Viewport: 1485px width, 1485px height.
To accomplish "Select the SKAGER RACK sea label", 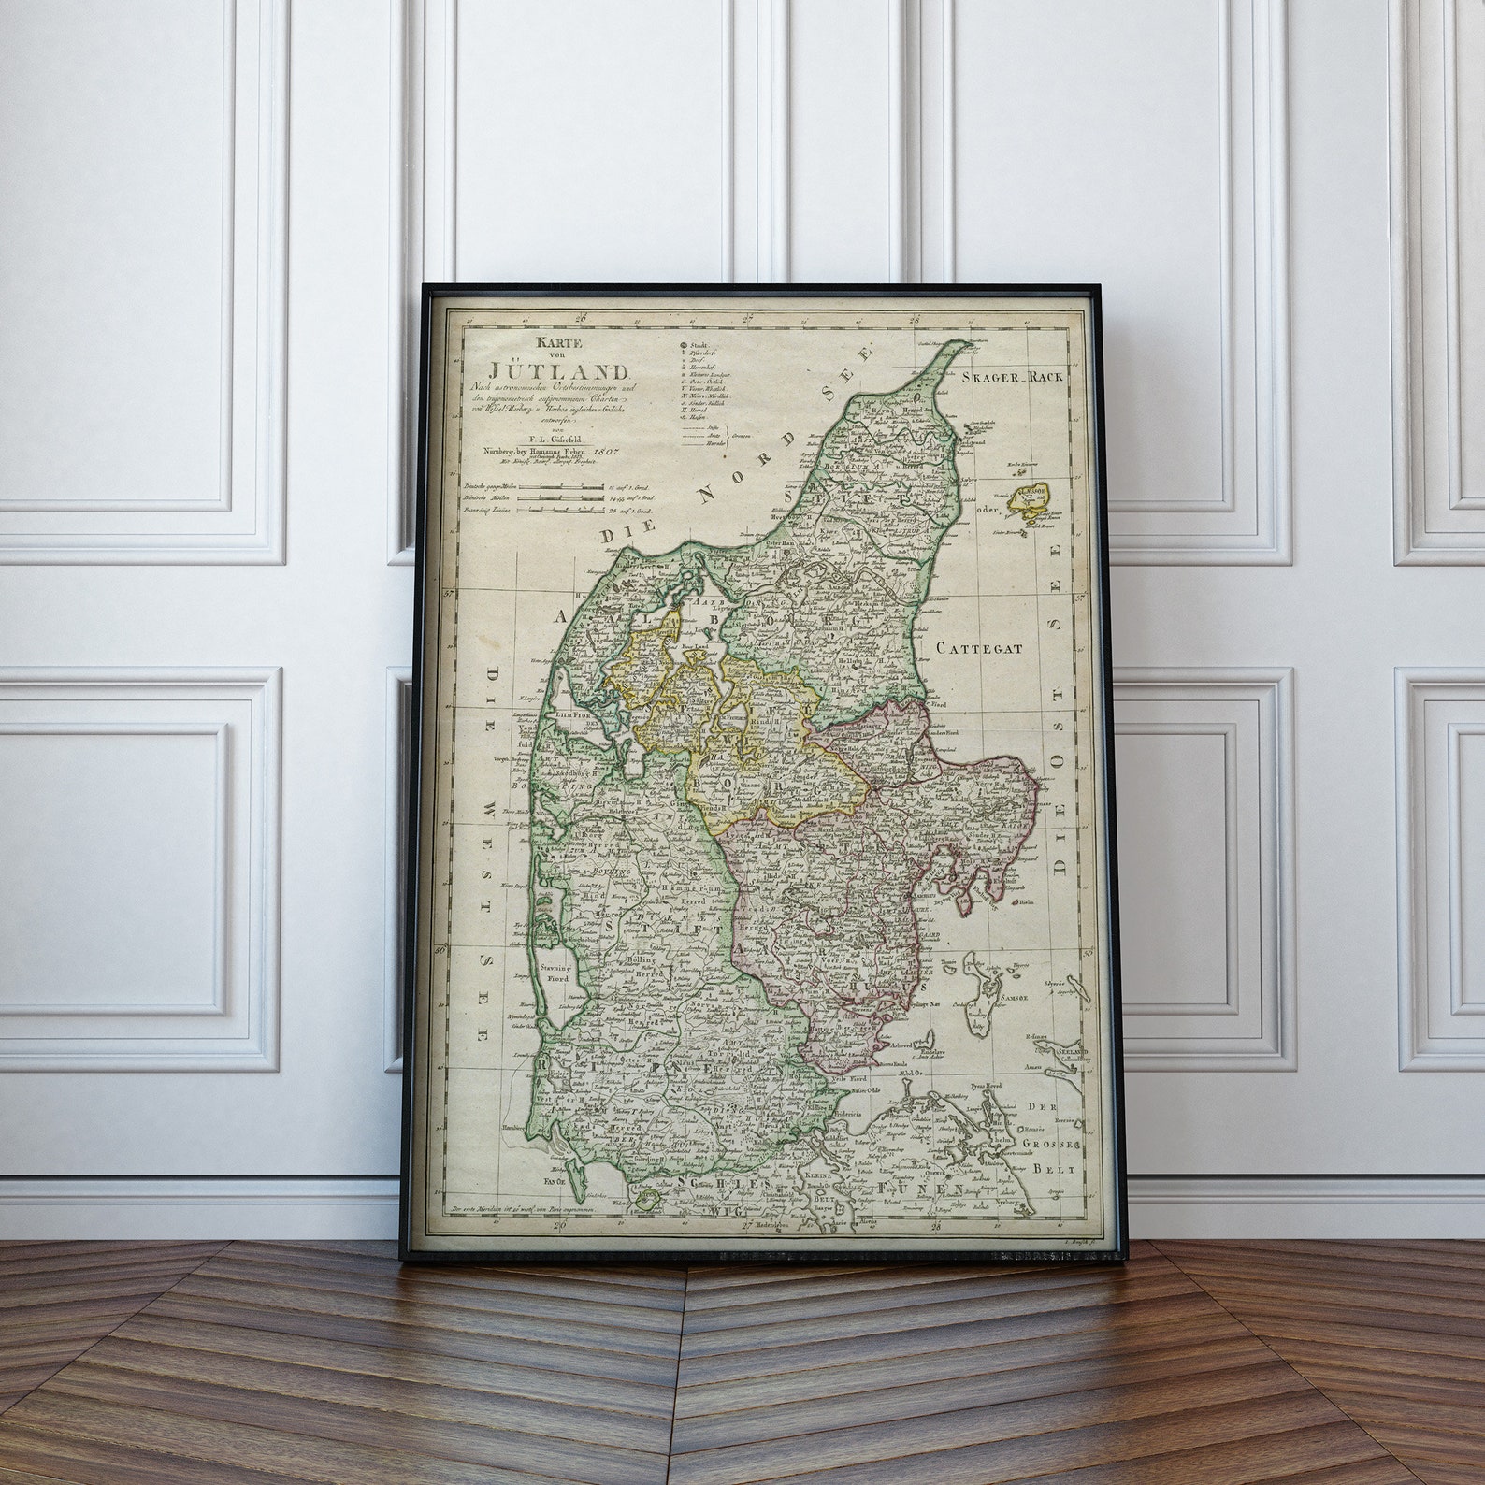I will (1012, 378).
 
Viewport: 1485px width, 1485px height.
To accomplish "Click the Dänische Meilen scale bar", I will (559, 498).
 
